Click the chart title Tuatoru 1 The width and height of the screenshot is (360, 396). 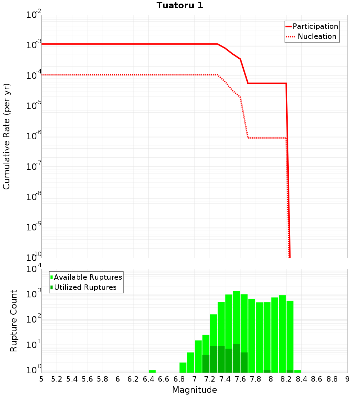[x=180, y=5]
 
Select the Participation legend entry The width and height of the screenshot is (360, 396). [x=315, y=26]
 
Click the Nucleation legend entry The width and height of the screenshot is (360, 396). [x=316, y=36]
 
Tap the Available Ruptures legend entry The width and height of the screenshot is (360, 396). [x=88, y=277]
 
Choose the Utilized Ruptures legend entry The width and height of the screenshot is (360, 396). [x=85, y=287]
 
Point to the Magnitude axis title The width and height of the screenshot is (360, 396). [x=194, y=390]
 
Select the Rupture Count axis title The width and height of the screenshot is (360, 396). [x=14, y=321]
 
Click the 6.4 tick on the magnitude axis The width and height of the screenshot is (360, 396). [x=148, y=379]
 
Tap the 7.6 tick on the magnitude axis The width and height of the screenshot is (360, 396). [x=240, y=379]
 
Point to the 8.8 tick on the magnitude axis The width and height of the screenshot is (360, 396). [x=332, y=379]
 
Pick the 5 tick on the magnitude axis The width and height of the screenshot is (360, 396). [x=41, y=379]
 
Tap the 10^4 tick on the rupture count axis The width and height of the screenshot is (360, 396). [x=34, y=269]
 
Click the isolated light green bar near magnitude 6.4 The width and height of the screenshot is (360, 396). [x=152, y=371]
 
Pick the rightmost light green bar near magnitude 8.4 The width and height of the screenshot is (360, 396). [x=297, y=371]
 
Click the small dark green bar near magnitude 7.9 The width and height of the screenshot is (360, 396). [x=267, y=371]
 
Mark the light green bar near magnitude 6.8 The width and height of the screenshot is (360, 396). [x=183, y=368]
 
